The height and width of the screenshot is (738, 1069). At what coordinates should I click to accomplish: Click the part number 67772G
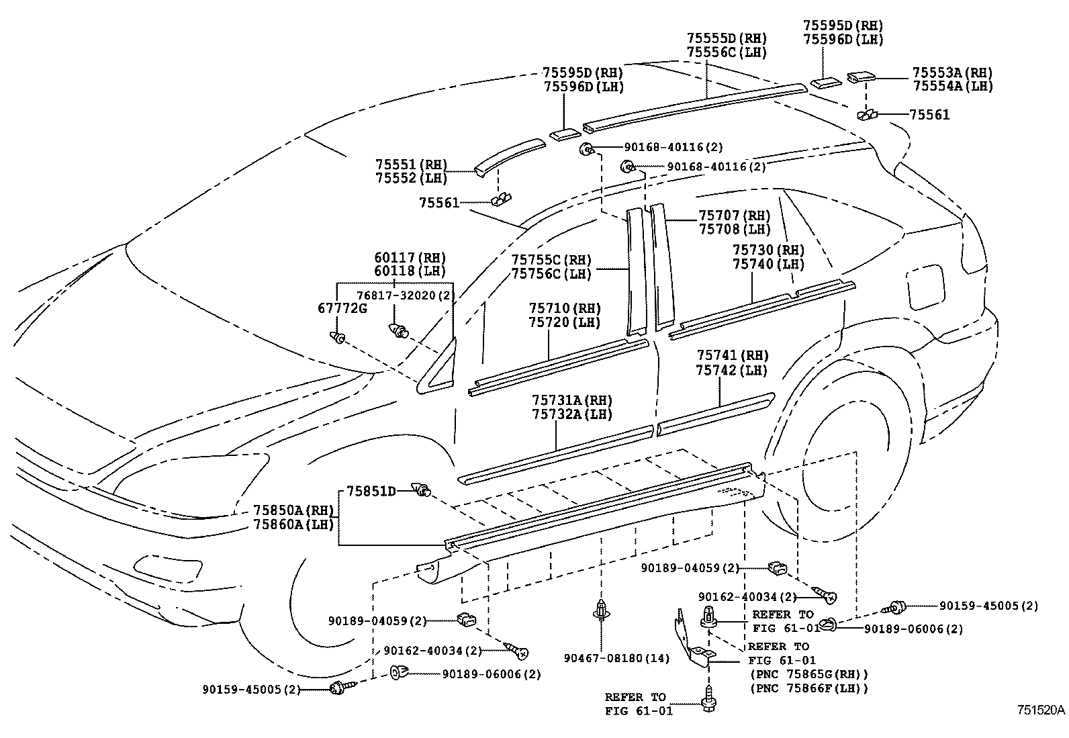coord(342,308)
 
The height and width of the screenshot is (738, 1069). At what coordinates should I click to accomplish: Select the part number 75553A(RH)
coord(952,72)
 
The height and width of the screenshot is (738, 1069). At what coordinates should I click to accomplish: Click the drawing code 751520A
coord(1040,710)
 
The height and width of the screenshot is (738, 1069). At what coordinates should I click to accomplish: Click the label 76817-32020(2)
coord(406,295)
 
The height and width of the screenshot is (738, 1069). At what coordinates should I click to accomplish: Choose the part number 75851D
coord(371,491)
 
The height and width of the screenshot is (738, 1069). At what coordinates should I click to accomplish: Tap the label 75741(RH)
coord(732,355)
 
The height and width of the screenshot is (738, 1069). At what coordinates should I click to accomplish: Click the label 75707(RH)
coord(734,215)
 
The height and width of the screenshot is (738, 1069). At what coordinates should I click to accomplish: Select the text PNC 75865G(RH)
coord(809,674)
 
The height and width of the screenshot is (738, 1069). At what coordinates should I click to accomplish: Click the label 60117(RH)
coord(410,258)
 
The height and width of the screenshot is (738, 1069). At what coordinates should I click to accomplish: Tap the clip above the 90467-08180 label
coord(600,610)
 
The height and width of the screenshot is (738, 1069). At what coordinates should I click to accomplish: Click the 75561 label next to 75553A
coord(929,115)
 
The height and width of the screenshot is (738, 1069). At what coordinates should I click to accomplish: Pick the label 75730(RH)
coord(768,250)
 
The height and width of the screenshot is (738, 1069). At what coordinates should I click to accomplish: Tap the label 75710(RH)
coord(565,308)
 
